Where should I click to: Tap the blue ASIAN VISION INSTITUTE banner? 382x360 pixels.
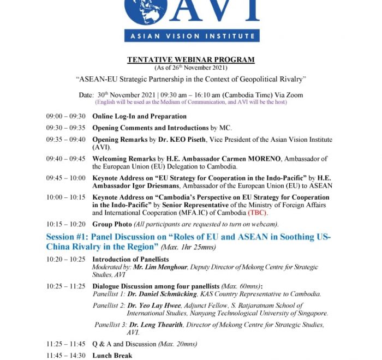(x=192, y=35)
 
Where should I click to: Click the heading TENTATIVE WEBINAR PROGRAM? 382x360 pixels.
(x=190, y=59)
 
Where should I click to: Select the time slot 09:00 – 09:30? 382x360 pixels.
(x=65, y=116)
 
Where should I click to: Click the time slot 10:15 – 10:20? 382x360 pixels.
(x=65, y=224)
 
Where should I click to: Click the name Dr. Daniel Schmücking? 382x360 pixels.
(x=164, y=293)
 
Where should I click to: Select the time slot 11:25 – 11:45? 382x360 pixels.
(x=65, y=344)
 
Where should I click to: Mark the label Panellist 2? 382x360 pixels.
(x=109, y=306)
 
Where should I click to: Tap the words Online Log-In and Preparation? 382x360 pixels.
(x=139, y=116)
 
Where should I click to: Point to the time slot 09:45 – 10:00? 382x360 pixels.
(x=65, y=178)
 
